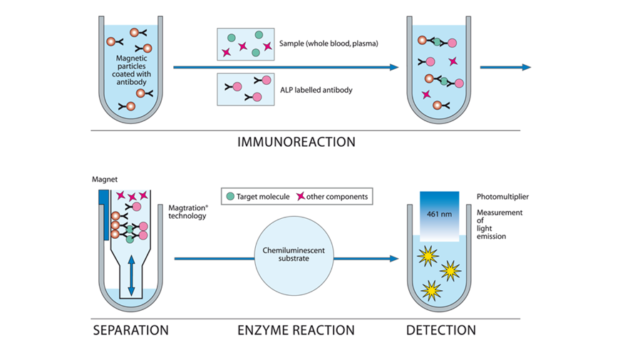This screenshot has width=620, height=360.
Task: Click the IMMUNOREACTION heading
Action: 296,142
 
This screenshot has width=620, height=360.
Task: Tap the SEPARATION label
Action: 130,330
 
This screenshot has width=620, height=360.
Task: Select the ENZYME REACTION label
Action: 296,330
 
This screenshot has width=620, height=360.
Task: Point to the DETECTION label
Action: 441,330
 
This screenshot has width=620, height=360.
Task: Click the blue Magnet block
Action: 104,207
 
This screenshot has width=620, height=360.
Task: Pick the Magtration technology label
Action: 187,211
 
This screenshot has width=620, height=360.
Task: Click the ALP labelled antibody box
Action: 245,89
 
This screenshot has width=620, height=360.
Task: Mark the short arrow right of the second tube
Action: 505,67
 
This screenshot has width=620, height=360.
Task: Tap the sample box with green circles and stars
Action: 245,44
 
